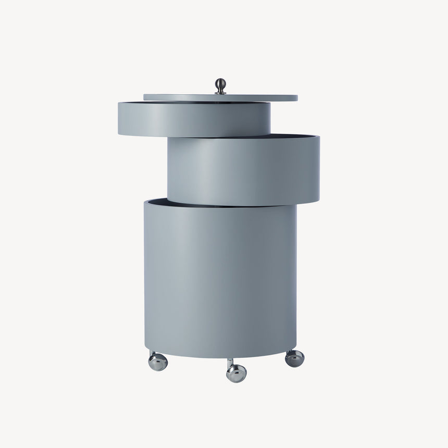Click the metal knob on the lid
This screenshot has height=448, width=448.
[221, 84]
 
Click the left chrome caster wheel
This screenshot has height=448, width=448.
[158, 362]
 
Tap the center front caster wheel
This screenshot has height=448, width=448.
[237, 372]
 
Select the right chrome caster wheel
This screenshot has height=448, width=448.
[295, 358]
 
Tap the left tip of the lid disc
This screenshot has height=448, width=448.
[146, 97]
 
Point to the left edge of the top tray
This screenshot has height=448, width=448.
[120, 119]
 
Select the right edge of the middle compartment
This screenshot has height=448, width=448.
[318, 169]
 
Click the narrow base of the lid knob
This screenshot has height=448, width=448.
[221, 92]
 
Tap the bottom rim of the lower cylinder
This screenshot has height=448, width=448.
[220, 356]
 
